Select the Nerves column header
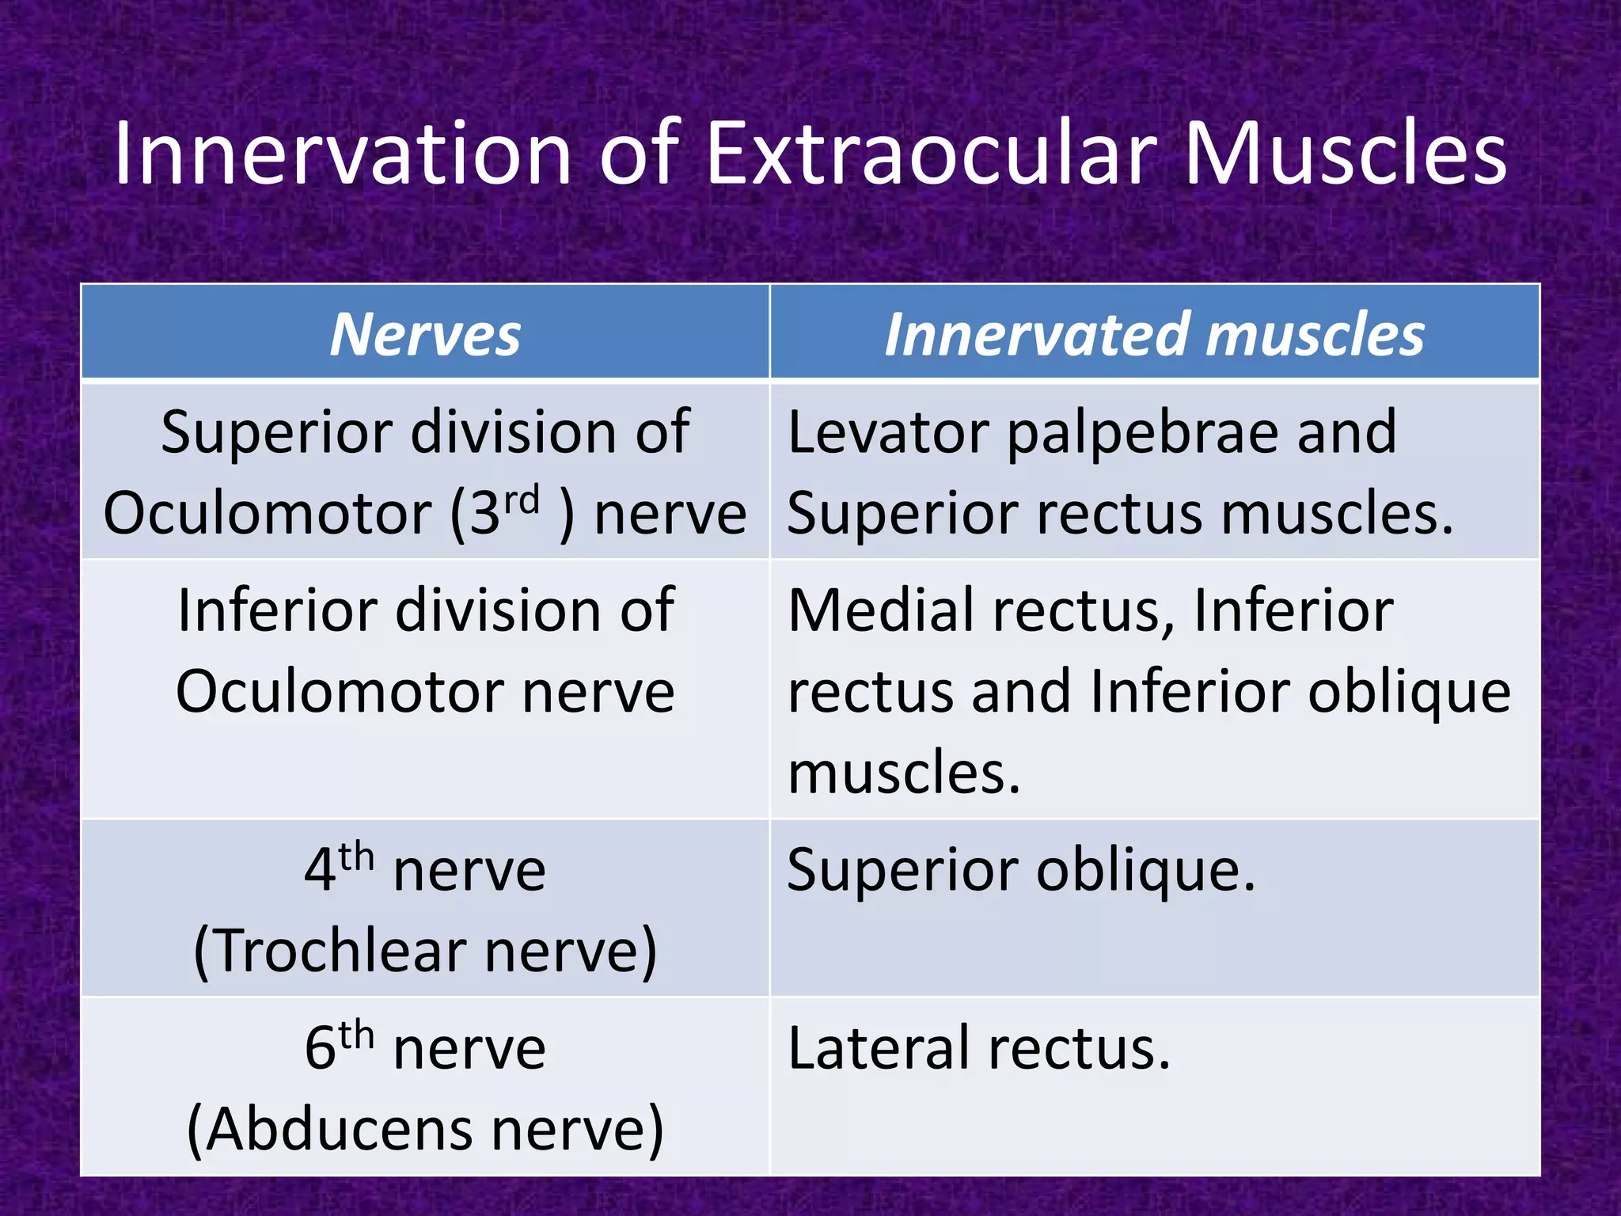[425, 334]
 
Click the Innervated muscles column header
[1154, 334]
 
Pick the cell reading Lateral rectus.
[978, 1049]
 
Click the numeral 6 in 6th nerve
[320, 1049]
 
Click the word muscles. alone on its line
[904, 772]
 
